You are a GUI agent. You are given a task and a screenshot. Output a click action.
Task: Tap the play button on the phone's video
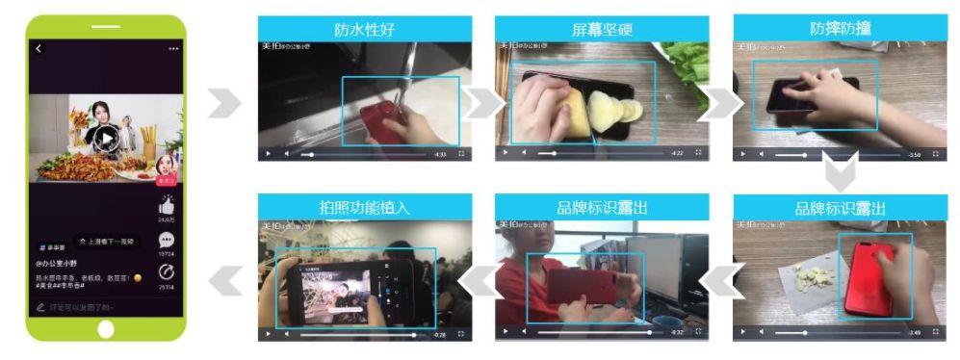(x=106, y=138)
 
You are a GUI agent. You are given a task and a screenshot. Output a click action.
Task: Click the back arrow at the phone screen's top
(x=39, y=48)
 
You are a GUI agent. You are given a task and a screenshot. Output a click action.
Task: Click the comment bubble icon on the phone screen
(x=166, y=240)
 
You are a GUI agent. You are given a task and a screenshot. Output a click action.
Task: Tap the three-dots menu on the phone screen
(x=173, y=48)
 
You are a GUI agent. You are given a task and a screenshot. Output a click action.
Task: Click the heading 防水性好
(x=365, y=30)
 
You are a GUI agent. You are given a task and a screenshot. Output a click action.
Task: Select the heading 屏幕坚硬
(x=602, y=30)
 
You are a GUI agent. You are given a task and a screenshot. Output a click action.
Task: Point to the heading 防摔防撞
(x=840, y=29)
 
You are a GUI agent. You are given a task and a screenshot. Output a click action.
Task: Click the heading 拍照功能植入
(x=365, y=207)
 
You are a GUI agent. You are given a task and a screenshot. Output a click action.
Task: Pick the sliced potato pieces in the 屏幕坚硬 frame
(x=612, y=107)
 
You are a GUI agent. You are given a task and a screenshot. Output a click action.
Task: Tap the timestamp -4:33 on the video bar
(x=440, y=154)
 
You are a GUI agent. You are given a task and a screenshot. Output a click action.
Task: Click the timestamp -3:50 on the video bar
(x=914, y=154)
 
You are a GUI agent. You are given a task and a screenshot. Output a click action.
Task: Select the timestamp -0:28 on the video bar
(x=440, y=334)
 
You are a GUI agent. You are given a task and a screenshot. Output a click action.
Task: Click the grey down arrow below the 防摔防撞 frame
(x=840, y=177)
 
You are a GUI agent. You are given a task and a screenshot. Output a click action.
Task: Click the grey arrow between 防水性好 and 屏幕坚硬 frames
(x=480, y=103)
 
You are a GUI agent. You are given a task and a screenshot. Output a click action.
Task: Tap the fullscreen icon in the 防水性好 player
(x=461, y=154)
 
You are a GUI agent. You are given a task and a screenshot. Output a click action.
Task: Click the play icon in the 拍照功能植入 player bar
(x=269, y=334)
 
